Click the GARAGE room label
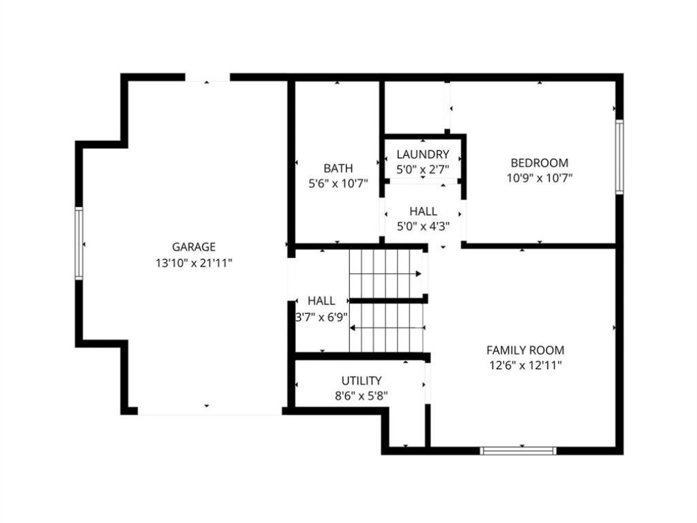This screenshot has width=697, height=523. (194, 247)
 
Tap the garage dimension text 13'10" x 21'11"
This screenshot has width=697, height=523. (194, 264)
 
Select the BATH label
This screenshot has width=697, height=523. (338, 169)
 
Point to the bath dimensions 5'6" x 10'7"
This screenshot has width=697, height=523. (338, 184)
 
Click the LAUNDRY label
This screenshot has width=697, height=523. (423, 155)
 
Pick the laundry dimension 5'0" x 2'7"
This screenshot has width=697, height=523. (423, 170)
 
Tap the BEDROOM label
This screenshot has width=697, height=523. (539, 163)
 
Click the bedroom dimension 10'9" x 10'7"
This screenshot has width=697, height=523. (539, 178)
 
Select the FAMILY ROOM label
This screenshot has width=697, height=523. (525, 350)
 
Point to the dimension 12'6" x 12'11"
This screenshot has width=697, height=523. (525, 366)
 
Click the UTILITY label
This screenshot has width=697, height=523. (361, 381)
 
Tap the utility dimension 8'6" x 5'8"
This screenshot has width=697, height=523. (361, 396)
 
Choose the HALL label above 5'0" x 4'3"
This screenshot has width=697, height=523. (423, 211)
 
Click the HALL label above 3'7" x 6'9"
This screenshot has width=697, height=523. (321, 301)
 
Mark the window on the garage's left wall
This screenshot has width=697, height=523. (79, 243)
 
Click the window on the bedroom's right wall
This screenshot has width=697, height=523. (619, 157)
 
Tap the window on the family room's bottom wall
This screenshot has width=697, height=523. (518, 451)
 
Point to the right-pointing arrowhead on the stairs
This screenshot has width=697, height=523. (419, 274)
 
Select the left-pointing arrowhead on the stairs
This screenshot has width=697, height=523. (353, 328)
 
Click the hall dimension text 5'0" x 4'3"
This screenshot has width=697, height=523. (423, 226)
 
